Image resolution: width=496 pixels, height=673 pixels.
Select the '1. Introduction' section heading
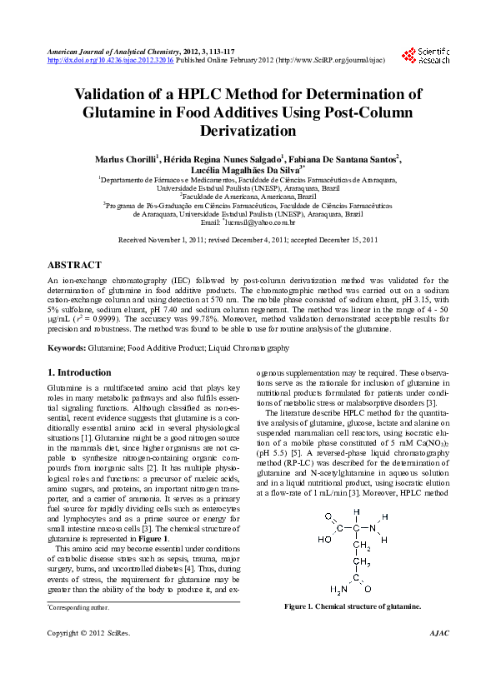(x=79, y=372)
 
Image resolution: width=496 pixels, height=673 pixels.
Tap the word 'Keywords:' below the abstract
(x=68, y=346)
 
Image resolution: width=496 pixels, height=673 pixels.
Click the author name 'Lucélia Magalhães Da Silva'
(x=248, y=168)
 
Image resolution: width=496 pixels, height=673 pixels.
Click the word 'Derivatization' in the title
(x=248, y=131)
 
